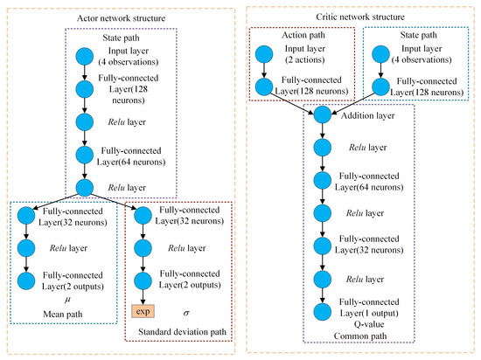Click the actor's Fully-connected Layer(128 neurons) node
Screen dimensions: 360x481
(x=85, y=87)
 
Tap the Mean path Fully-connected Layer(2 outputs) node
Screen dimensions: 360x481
(x=26, y=280)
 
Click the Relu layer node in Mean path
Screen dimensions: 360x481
(x=26, y=247)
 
